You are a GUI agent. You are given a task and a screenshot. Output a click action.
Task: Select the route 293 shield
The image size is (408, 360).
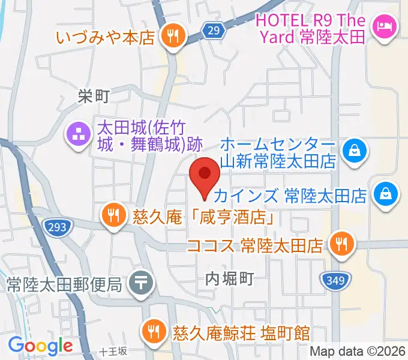click(x=58, y=226)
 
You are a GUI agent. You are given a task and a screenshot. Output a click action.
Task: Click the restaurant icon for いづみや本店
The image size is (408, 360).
click(x=172, y=36)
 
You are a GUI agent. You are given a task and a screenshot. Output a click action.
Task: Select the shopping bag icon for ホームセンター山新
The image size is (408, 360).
click(x=355, y=149)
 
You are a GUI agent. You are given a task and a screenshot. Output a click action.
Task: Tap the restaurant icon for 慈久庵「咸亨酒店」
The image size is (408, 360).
click(x=113, y=214)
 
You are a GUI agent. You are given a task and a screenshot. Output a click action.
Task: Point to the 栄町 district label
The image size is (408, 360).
click(x=94, y=95)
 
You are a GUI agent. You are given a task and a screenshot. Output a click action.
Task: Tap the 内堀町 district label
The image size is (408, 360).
click(x=230, y=278)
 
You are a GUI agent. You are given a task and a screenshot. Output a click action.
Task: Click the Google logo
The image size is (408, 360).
click(x=40, y=346)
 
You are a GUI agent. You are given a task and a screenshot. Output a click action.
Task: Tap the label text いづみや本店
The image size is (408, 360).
click(x=106, y=36)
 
